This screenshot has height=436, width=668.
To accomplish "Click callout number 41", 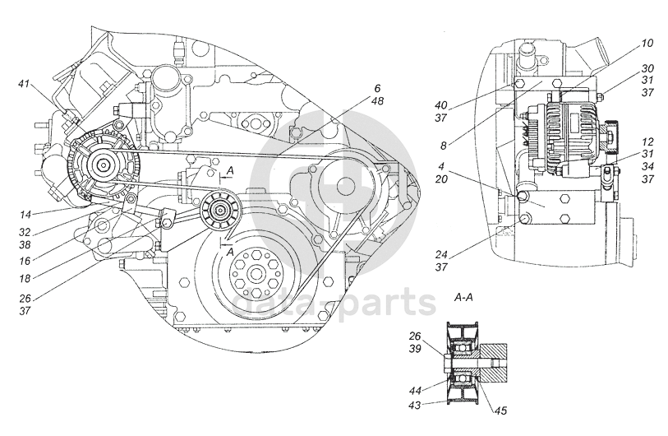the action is (24, 83).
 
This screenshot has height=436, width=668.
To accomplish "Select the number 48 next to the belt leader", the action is (377, 101).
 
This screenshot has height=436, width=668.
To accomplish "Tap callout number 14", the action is (25, 212).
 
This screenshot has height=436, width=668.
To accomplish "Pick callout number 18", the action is (25, 279).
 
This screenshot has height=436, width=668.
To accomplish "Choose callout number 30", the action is (647, 68).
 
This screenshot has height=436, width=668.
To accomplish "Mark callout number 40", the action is (441, 105).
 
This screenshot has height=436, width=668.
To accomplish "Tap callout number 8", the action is (444, 146).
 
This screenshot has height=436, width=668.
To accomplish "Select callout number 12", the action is (647, 142).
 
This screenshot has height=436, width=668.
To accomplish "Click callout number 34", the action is (647, 166).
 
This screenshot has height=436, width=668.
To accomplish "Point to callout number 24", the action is (441, 255).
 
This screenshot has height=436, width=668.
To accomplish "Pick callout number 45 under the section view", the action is (501, 410).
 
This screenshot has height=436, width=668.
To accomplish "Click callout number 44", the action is (416, 391).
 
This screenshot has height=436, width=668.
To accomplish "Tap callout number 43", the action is (416, 405).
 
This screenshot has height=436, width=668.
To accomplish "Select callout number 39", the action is (416, 349).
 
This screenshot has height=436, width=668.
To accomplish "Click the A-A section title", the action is (463, 297).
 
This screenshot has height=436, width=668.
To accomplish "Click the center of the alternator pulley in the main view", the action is (104, 165).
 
